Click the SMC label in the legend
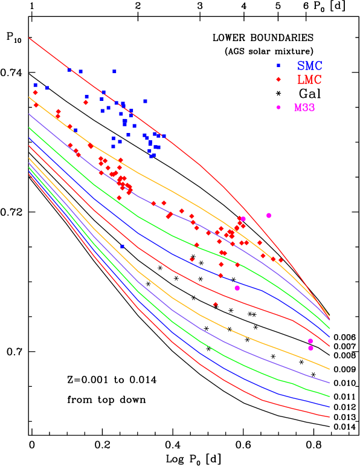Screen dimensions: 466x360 (309, 65)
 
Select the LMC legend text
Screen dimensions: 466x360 (309, 80)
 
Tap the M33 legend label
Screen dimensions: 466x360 (304, 108)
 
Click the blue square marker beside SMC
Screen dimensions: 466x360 (278, 65)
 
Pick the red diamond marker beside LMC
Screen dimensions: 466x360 (278, 80)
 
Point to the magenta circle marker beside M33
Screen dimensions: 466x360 (278, 108)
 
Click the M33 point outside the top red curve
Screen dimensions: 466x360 (269, 215)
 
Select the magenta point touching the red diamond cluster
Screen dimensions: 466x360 (243, 219)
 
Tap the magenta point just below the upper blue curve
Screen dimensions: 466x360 (237, 288)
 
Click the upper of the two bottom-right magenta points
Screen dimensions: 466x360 (310, 341)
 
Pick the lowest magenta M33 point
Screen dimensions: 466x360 (310, 348)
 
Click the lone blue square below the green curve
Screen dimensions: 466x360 (122, 247)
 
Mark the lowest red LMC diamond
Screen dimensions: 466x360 (215, 304)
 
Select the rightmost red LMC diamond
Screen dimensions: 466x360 (281, 260)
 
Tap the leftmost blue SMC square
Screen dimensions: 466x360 (35, 85)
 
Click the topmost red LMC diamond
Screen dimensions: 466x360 (35, 92)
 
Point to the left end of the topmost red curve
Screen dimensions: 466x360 (29, 38)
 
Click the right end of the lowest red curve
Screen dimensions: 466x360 (329, 417)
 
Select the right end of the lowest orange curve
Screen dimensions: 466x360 (329, 369)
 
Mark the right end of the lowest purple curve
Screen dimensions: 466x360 (329, 383)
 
